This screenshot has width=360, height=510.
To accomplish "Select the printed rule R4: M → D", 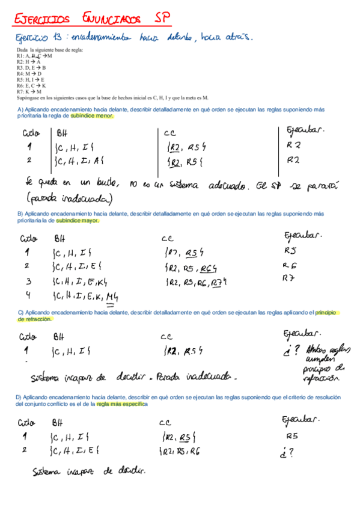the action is click(x=29, y=73).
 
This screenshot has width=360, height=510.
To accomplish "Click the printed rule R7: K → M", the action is click(x=29, y=91).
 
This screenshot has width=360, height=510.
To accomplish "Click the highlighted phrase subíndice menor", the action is click(x=92, y=115).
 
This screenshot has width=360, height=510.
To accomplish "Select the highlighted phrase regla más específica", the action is click(x=122, y=404).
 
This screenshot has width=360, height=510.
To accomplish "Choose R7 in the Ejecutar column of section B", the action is click(x=290, y=278).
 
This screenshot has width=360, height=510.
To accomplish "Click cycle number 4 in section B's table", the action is click(x=27, y=295).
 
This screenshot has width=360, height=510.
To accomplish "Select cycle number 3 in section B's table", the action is click(x=28, y=280).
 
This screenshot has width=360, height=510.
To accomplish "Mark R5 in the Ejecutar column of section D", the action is click(x=292, y=436).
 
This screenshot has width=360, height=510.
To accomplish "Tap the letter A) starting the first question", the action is click(x=20, y=109).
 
